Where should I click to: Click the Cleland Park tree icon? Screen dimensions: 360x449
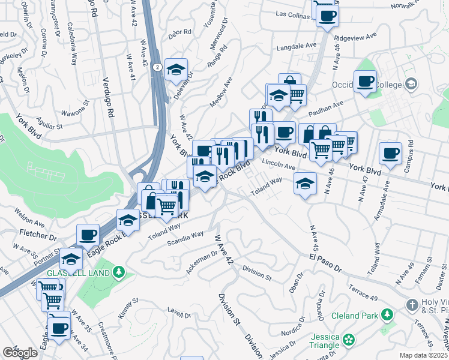coord(387,314)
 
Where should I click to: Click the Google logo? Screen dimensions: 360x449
coord(20,353)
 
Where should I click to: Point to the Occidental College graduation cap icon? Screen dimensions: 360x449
coord(410,85)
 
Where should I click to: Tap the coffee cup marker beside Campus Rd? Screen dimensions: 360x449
coord(390,154)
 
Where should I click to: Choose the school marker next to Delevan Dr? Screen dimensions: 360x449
coord(176,70)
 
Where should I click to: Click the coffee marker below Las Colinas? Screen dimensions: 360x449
coord(327,16)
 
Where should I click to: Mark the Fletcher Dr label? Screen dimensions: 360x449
coord(38,231)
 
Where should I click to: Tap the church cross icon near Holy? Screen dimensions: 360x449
coord(411,305)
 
